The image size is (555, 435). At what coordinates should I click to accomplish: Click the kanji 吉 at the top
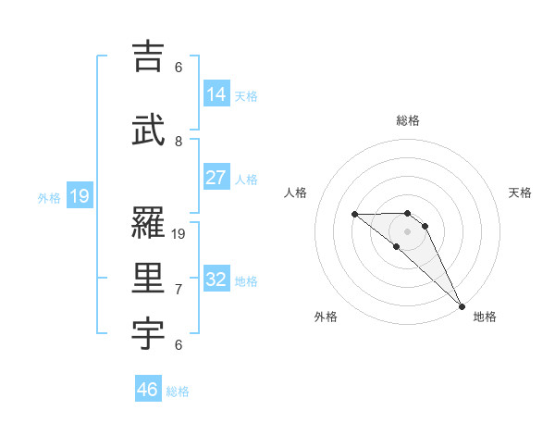150,57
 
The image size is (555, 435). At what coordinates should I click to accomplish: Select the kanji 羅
150,223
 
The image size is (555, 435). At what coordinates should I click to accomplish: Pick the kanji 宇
150,333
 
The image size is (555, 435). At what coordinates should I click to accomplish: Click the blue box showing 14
216,94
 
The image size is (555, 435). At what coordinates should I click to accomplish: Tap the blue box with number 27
216,178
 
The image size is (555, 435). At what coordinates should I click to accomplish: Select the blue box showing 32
216,280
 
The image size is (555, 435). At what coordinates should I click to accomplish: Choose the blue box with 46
148,390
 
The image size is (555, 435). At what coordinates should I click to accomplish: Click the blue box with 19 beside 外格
79,196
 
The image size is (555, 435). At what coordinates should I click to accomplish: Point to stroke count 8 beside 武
179,142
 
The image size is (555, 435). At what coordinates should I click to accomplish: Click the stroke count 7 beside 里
179,290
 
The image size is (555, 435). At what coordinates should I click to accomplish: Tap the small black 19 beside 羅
179,234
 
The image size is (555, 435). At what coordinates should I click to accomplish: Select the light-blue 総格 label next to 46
178,391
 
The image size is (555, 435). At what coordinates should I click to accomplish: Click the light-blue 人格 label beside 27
246,180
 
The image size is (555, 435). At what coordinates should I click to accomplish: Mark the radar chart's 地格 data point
462,305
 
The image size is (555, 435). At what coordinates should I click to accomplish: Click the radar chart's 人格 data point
355,215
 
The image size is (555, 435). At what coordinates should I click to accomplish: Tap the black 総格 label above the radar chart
408,120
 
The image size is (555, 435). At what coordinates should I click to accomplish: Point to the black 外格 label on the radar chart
326,317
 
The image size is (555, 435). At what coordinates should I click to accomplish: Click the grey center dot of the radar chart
407,230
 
